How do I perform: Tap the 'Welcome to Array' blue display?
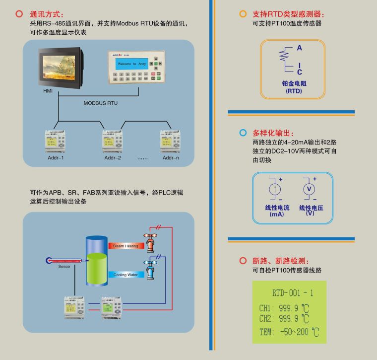[x=132, y=64]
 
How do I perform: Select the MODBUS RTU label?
[x=101, y=103]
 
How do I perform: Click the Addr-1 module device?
[x=56, y=141]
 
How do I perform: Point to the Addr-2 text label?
[x=113, y=158]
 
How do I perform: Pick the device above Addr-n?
[x=170, y=141]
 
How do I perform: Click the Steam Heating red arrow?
[x=124, y=246]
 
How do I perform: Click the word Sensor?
[x=64, y=267]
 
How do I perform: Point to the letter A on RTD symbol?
[x=300, y=48]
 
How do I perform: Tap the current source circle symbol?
[x=273, y=189]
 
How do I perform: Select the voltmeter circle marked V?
[x=308, y=189]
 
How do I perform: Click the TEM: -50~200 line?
[x=289, y=332]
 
